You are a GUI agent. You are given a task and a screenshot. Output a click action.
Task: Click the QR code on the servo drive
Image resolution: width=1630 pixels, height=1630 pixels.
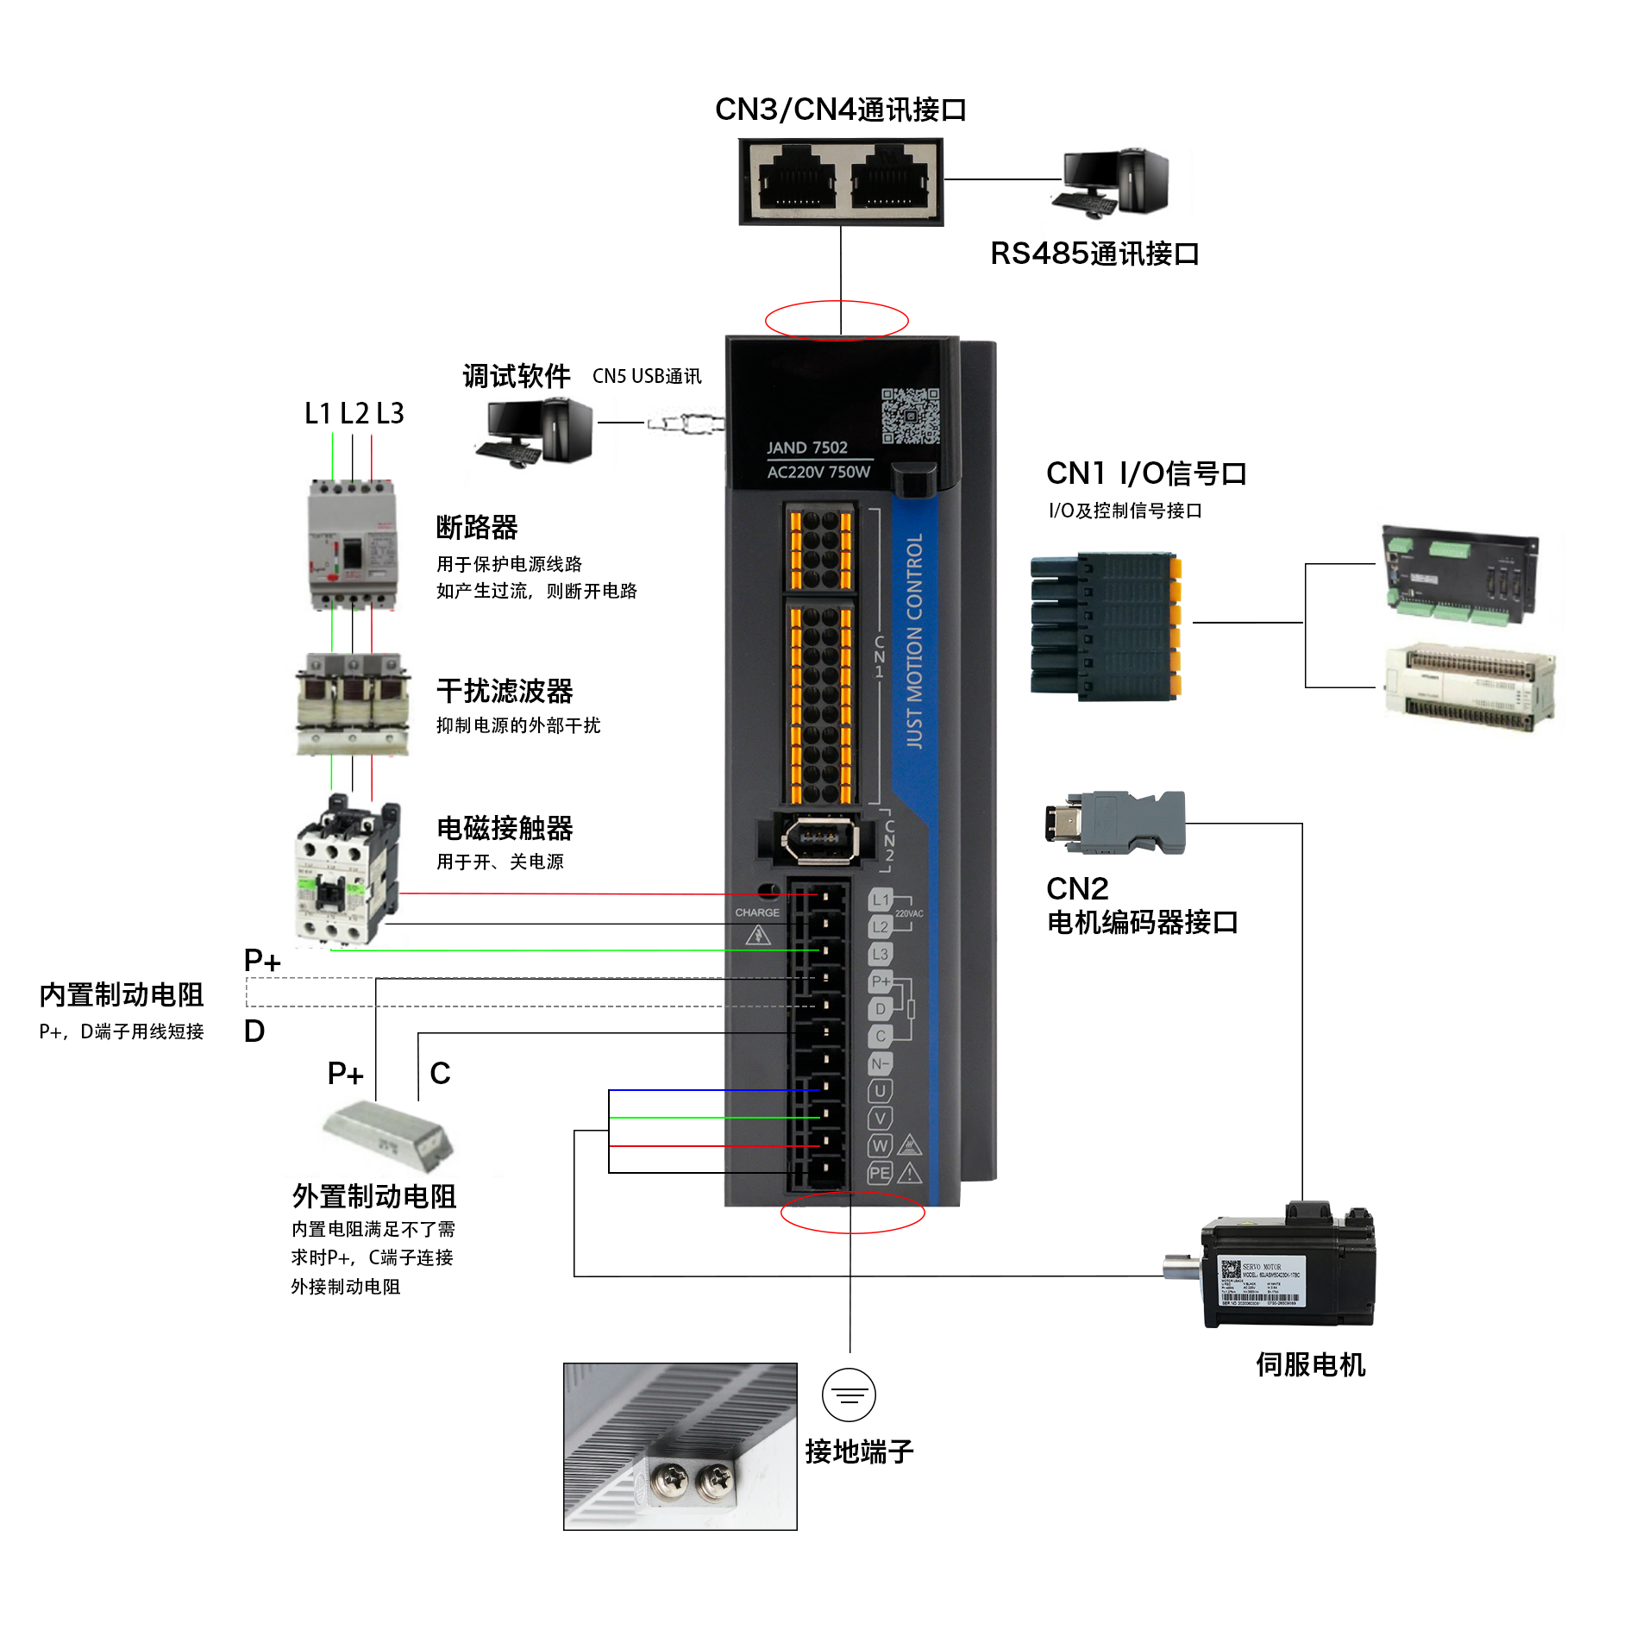click(910, 416)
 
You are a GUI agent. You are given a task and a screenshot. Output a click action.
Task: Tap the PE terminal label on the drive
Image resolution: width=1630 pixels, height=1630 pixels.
click(880, 1173)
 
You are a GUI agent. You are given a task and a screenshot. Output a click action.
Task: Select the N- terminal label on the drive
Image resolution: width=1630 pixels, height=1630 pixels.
click(880, 1063)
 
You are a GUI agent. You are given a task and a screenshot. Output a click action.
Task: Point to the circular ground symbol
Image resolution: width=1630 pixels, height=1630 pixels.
click(849, 1395)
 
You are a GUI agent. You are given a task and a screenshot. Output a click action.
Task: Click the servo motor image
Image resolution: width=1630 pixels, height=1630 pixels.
click(1285, 1268)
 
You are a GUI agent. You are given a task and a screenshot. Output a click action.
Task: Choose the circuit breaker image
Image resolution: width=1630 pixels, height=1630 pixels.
click(353, 545)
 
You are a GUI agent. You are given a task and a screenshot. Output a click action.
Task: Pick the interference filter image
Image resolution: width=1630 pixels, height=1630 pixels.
click(353, 705)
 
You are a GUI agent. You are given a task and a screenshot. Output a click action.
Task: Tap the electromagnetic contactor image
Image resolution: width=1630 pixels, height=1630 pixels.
click(348, 871)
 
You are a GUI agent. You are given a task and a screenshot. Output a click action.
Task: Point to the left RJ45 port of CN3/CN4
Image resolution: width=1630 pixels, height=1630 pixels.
click(797, 182)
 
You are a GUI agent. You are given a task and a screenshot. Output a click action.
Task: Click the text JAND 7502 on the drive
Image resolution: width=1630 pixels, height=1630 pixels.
click(807, 448)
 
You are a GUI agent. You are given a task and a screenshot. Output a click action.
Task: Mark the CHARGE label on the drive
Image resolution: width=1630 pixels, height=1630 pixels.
click(756, 912)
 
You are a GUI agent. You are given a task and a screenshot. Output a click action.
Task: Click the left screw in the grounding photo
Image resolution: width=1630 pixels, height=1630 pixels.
click(669, 1482)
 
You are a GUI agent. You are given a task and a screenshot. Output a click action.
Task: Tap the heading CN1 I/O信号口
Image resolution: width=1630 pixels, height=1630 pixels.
click(1145, 473)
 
